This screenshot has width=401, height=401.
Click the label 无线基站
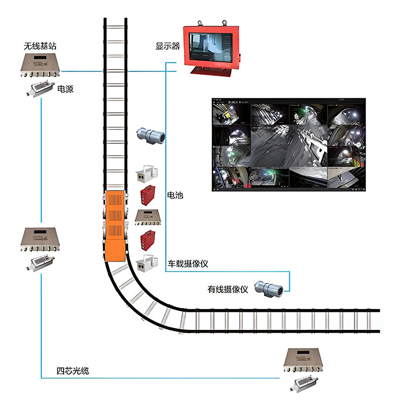click(40, 47)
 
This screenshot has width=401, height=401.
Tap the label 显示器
click(167, 46)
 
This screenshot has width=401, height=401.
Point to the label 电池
click(175, 196)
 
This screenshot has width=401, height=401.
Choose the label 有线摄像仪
click(228, 290)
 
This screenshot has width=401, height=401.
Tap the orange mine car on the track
click(114, 225)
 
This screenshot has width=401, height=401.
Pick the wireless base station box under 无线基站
click(40, 67)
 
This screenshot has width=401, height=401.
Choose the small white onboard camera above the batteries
click(147, 173)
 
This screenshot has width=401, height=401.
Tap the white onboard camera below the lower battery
click(147, 264)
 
